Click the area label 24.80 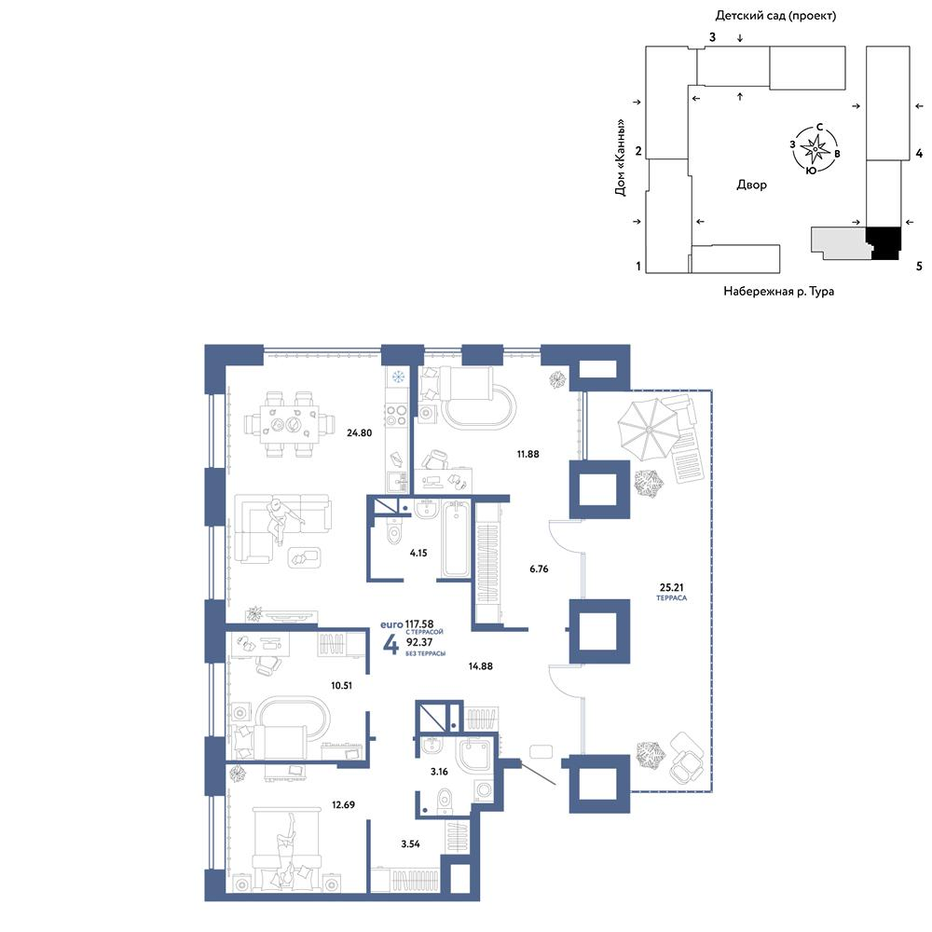click(359, 432)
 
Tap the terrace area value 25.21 click(671, 587)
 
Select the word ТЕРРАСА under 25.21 click(672, 598)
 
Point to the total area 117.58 click(419, 624)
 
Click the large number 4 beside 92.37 click(391, 644)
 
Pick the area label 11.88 click(528, 454)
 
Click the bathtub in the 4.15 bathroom click(456, 539)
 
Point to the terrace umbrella click(648, 429)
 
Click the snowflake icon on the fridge click(397, 377)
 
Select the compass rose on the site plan click(815, 148)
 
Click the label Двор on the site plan click(751, 185)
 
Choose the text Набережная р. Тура click(778, 291)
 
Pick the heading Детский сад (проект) click(775, 16)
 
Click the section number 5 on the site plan click(919, 267)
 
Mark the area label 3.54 click(410, 843)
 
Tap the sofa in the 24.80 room click(281, 528)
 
